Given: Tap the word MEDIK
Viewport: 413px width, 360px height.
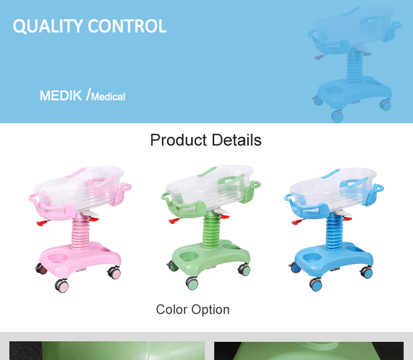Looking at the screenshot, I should click(x=61, y=95).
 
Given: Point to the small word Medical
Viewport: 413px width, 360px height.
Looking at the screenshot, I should click(x=108, y=97).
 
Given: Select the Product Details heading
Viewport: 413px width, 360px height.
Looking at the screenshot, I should click(x=206, y=140).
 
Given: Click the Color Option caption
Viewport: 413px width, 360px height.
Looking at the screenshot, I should click(x=193, y=309).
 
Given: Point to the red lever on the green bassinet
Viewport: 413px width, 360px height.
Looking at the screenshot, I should click(x=174, y=221).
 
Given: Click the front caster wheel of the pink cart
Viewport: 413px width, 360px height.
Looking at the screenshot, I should click(x=62, y=286).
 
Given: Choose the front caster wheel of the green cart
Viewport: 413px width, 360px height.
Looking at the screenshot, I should click(x=192, y=283).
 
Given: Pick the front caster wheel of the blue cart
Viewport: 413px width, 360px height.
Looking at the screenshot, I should click(x=316, y=284).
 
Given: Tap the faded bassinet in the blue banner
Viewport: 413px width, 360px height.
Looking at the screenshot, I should click(x=352, y=61).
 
